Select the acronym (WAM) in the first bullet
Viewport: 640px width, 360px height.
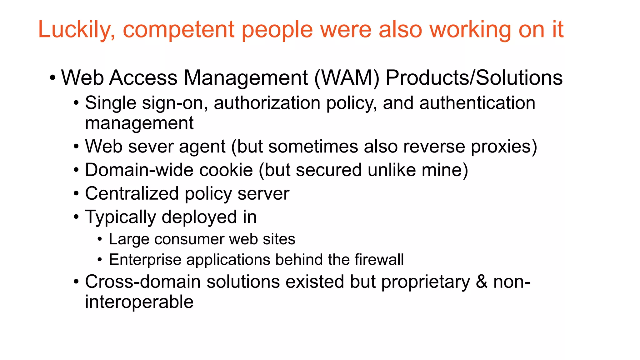[347, 77]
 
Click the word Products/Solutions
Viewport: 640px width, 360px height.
[474, 77]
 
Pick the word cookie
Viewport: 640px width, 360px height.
[226, 170]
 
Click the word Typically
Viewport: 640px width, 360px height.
[120, 217]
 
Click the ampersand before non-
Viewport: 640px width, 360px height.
[482, 282]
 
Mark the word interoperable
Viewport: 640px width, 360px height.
[139, 302]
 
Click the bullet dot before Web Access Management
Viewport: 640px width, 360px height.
[52, 77]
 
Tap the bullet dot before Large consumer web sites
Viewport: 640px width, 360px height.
[100, 239]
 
